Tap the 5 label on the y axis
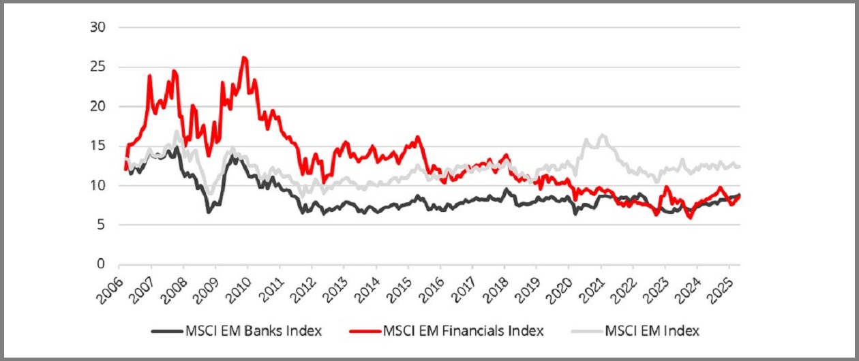[102, 225]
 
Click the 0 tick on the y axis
[102, 264]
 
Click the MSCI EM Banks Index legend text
[253, 332]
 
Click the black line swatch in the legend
[166, 332]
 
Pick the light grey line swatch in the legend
[586, 332]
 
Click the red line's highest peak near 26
[244, 57]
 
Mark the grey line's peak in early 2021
[602, 135]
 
